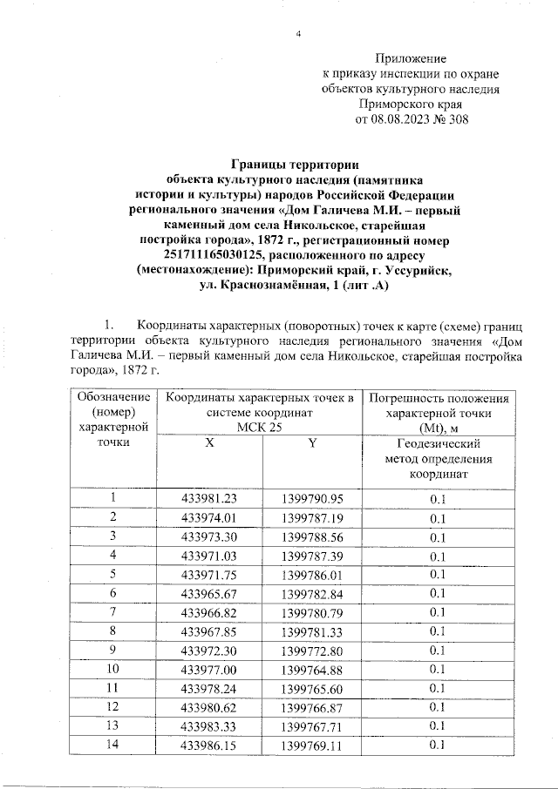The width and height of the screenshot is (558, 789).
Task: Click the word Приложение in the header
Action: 411,57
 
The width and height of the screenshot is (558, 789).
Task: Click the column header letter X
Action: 208,443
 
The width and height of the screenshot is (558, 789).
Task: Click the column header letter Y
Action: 312,443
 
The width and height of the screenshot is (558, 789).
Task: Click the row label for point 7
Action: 113,611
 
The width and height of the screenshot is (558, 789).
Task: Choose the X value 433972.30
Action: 209,650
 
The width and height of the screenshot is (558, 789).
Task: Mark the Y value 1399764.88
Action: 313,669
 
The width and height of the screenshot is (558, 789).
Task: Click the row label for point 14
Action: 113,745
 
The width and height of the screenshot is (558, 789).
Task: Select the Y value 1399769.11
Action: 313,745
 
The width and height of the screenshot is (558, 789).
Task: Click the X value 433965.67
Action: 209,593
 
